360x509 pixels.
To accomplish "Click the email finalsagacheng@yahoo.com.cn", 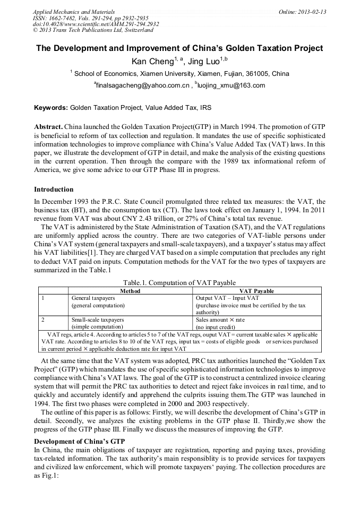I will pyautogui.click(x=143, y=85).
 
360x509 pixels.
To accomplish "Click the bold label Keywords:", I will pyautogui.click(x=51, y=108).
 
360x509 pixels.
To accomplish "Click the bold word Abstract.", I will pyautogui.click(x=48, y=128).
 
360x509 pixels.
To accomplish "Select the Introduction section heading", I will pyautogui.click(x=54, y=189).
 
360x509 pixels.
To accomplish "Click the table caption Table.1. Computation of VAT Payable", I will pyautogui.click(x=179, y=282).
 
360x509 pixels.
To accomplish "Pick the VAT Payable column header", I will pyautogui.click(x=257, y=291).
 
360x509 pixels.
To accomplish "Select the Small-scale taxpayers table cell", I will pyautogui.click(x=97, y=320).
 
